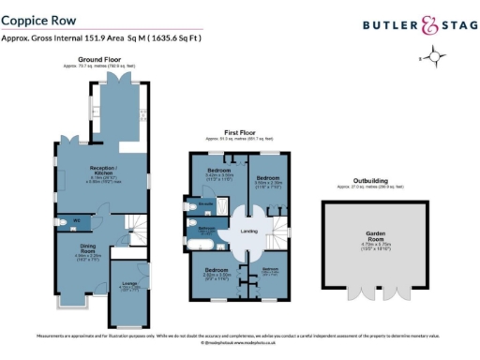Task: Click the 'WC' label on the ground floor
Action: (78, 221)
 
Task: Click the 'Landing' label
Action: (248, 231)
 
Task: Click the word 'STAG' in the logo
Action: (454, 26)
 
